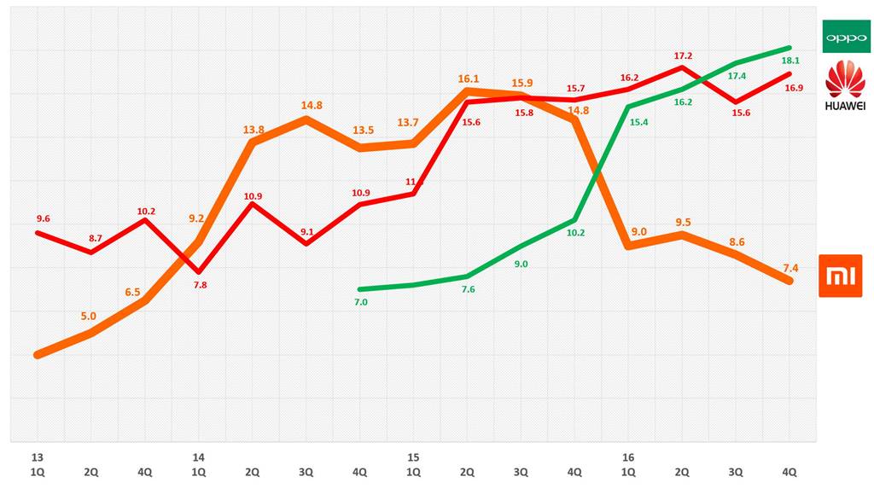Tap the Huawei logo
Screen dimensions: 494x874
coord(844,86)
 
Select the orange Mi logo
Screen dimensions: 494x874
coord(840,276)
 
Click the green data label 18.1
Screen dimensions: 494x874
coord(790,61)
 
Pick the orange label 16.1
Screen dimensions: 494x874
coord(467,78)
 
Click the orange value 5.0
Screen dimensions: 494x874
coord(89,316)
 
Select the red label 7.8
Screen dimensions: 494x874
coord(200,285)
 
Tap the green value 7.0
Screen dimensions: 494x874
coord(360,302)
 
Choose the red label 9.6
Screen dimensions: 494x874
coord(44,218)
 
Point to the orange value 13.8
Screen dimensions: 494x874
coord(253,130)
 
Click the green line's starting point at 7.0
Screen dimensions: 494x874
coord(360,289)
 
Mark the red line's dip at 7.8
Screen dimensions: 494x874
coord(199,271)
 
